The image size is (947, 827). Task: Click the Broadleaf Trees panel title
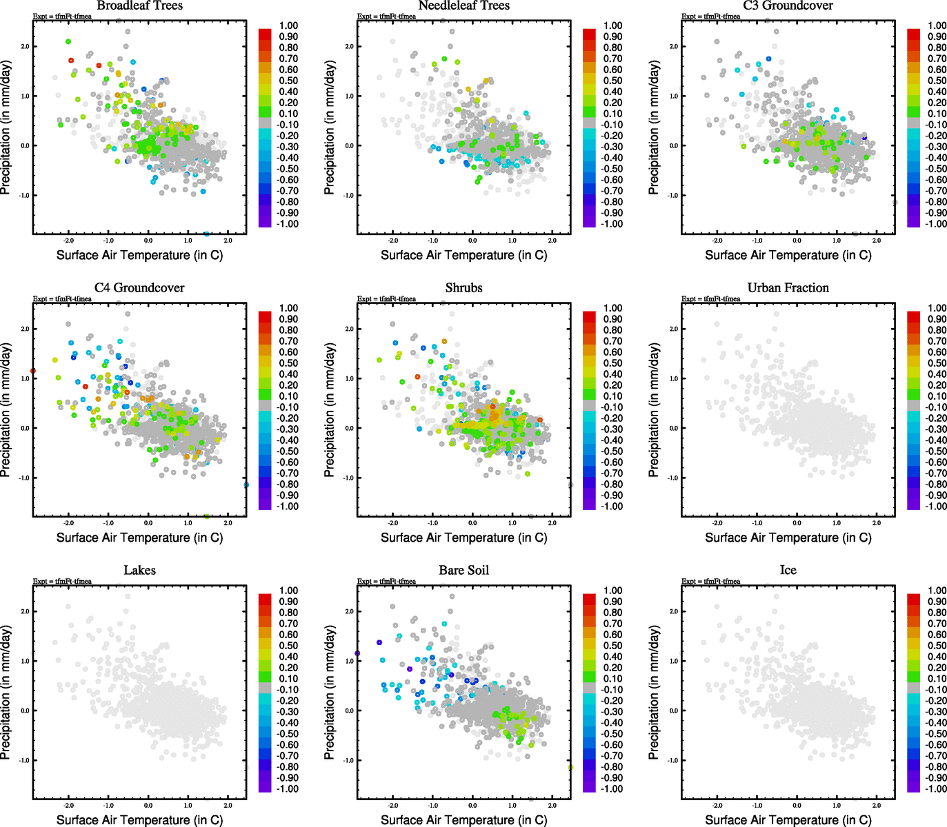click(139, 6)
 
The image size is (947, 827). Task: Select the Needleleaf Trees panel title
click(463, 6)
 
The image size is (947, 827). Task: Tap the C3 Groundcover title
click(788, 6)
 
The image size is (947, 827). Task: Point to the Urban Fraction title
click(788, 288)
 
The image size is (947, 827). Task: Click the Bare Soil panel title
click(463, 571)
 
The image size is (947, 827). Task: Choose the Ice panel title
click(788, 571)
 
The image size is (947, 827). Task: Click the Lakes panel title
click(139, 571)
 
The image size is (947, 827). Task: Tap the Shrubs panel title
click(463, 288)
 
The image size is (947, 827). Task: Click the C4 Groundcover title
click(139, 288)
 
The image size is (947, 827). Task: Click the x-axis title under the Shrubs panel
click(463, 538)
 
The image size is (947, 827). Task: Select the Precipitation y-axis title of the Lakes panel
click(6, 692)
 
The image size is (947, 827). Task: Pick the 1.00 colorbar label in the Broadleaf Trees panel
click(288, 25)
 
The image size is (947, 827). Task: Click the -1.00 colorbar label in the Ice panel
click(935, 789)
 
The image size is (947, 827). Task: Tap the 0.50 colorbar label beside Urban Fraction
click(937, 363)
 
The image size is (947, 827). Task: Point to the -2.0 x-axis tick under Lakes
click(68, 805)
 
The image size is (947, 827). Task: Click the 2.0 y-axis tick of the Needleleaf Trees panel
click(349, 47)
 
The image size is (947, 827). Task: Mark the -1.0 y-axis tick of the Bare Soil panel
click(349, 761)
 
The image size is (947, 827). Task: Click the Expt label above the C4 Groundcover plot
click(62, 299)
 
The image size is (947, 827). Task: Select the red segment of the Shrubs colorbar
click(589, 316)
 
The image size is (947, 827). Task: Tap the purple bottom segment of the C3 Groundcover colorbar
click(913, 221)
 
